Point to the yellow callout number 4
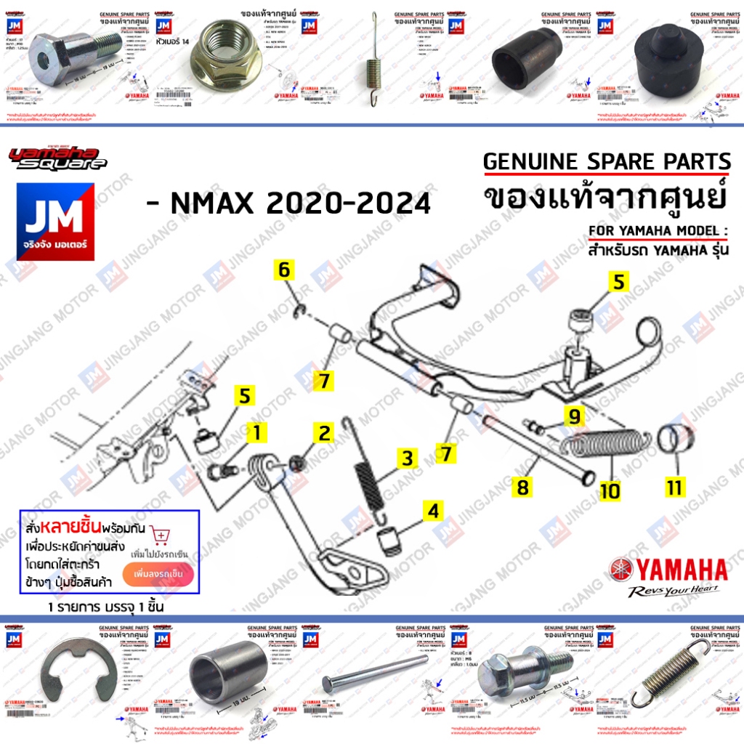tap(433, 511)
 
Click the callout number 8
tap(522, 487)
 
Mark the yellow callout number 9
tap(574, 416)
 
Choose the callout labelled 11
tap(675, 487)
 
